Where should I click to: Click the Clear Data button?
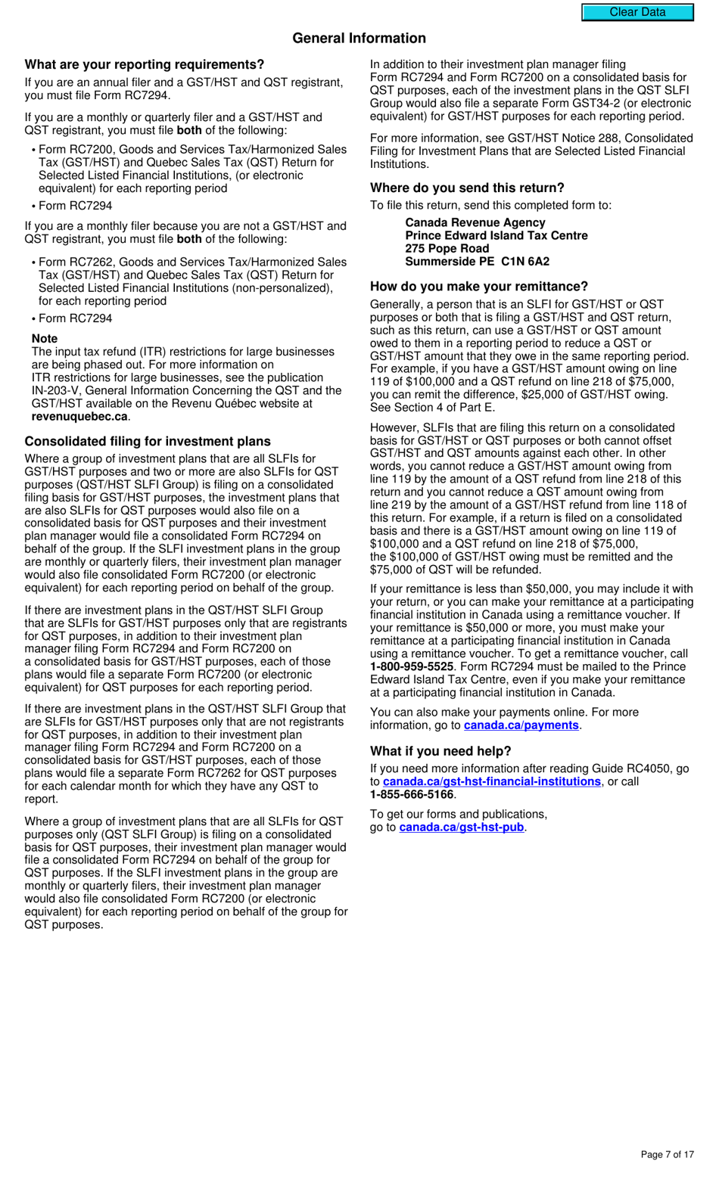(637, 12)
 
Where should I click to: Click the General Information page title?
(359, 38)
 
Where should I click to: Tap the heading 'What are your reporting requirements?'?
(145, 64)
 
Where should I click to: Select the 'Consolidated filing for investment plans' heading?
(148, 441)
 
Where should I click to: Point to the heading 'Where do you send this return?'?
(467, 188)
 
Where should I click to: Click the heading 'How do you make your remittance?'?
(479, 286)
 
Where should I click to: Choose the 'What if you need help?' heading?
(440, 751)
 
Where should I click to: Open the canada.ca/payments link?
(521, 725)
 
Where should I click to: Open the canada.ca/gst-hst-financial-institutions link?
(492, 781)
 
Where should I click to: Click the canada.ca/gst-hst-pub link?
(462, 827)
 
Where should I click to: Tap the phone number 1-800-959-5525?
(412, 667)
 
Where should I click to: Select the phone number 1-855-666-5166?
(412, 794)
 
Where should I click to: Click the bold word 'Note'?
(45, 339)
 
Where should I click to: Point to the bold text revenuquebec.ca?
(79, 417)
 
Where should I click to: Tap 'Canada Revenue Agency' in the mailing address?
(475, 222)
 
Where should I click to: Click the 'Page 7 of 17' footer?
(667, 1154)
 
